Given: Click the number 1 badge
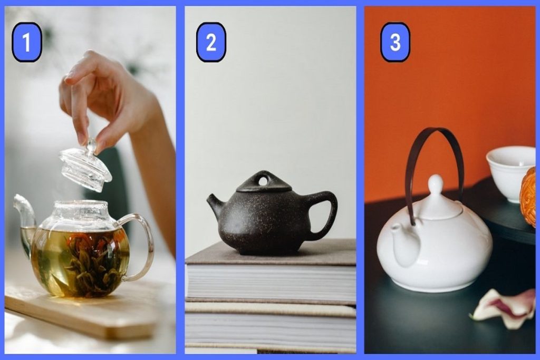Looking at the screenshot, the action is pyautogui.click(x=27, y=42).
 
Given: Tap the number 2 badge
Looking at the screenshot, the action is pyautogui.click(x=211, y=42).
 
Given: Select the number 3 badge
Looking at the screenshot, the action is pyautogui.click(x=395, y=42).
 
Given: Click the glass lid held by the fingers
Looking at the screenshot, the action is pyautogui.click(x=85, y=166).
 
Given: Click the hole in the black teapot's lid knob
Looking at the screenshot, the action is pyautogui.click(x=263, y=180).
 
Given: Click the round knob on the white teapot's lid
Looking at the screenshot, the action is pyautogui.click(x=436, y=182).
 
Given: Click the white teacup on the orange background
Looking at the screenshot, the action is pyautogui.click(x=510, y=172).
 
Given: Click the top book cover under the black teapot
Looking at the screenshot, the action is pyautogui.click(x=271, y=253).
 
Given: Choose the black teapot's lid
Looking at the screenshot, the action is pyautogui.click(x=264, y=182).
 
